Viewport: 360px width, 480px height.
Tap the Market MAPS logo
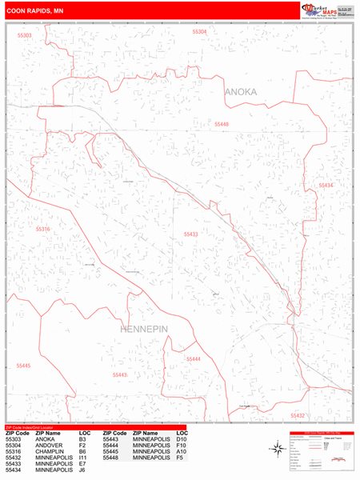coord(327,10)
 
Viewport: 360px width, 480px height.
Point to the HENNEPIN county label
coord(146,329)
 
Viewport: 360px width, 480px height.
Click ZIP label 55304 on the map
coord(199,32)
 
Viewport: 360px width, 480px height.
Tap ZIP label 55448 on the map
coord(222,124)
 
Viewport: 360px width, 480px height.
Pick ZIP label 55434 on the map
coord(326,185)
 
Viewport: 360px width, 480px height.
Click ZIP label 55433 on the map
coord(190,234)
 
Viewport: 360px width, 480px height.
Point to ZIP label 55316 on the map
coord(43,230)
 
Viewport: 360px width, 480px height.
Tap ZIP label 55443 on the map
coord(119,374)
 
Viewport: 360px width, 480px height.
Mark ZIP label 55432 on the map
coord(298,415)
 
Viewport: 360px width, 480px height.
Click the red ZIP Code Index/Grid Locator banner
coord(94,426)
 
